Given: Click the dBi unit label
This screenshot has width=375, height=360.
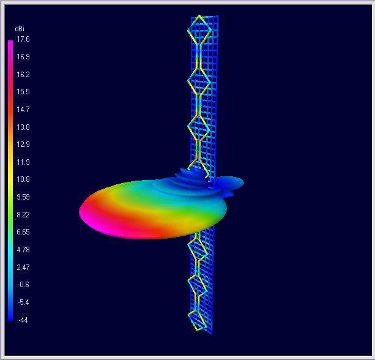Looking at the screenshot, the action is (20, 29).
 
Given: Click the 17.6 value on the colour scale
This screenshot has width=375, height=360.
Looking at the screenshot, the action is (23, 39).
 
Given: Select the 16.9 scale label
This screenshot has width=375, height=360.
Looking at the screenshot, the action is (23, 57).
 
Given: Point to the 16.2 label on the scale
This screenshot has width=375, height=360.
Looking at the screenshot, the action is (23, 75).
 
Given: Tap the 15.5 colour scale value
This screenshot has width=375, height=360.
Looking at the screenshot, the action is (23, 92).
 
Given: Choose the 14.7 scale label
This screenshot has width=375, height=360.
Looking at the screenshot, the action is (23, 110).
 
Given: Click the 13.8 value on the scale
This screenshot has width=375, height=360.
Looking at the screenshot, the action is (23, 127).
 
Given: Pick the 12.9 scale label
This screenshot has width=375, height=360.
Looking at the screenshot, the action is (23, 144).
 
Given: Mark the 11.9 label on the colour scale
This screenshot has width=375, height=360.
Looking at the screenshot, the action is (23, 162).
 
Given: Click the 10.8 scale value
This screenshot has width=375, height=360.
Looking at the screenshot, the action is (23, 179).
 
